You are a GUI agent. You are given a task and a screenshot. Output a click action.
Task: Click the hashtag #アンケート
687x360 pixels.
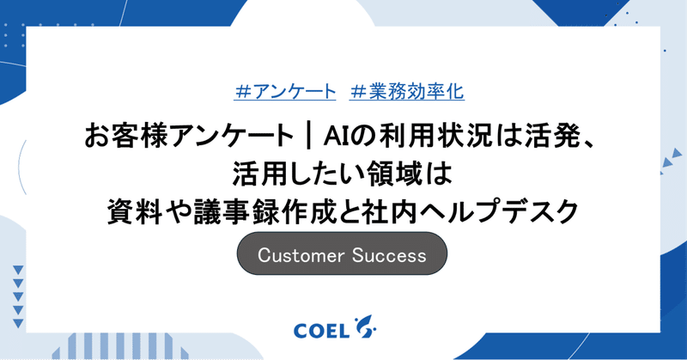284,89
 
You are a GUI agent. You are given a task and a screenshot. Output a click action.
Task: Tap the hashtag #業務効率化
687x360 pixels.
408,89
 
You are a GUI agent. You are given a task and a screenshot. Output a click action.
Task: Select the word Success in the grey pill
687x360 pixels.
388,255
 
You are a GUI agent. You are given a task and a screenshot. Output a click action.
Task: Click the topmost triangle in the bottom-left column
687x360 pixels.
18,270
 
